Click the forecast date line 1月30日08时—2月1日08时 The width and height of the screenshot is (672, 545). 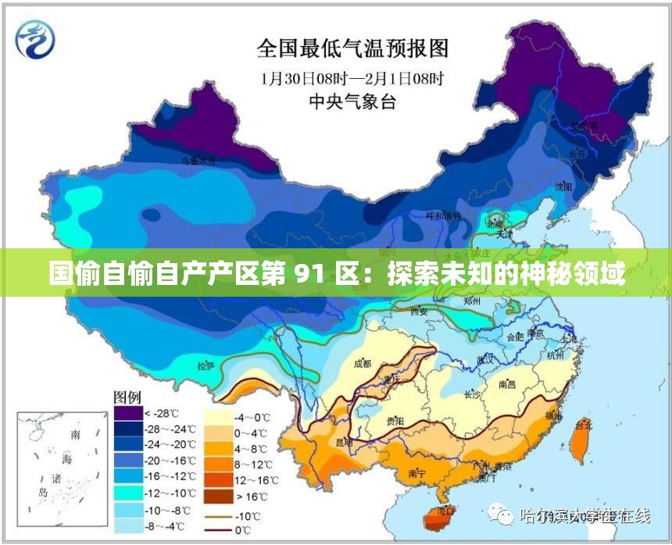(x=352, y=78)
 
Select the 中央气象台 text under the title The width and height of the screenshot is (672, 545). (x=352, y=102)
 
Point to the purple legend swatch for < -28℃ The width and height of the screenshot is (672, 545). (x=127, y=412)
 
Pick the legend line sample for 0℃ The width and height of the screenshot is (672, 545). (x=220, y=529)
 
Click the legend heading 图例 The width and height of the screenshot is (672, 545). (x=128, y=397)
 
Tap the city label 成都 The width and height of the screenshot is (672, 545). (x=363, y=364)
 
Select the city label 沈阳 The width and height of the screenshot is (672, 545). (x=563, y=187)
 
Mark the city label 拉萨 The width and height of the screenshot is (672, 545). (x=206, y=365)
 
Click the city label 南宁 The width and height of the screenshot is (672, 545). (x=416, y=473)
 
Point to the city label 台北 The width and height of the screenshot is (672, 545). (x=583, y=426)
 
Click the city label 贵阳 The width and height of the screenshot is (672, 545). (x=395, y=421)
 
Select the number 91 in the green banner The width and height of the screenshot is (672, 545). (x=307, y=275)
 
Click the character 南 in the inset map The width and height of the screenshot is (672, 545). (x=76, y=433)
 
